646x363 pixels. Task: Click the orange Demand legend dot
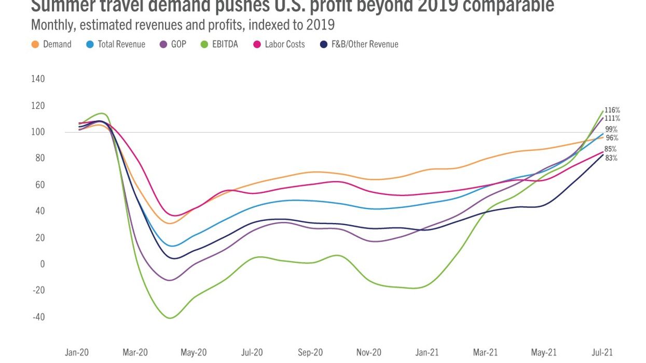35,44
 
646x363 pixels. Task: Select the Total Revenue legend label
121,44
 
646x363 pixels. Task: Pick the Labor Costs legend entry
284,44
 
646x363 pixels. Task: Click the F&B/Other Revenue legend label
365,44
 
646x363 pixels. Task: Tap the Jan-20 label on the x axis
76,353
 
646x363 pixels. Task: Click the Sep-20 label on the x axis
310,353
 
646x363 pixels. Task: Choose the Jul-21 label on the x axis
602,353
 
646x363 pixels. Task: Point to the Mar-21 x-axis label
485,353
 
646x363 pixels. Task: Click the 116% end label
612,110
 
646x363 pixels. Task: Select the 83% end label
611,158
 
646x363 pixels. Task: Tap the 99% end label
612,129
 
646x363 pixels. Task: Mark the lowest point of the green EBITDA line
170,318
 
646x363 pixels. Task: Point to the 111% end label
612,118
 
